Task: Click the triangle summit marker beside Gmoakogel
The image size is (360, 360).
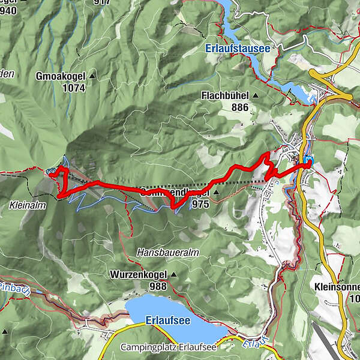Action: (92, 77)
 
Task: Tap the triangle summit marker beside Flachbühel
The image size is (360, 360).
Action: (255, 95)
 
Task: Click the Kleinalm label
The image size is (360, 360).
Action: (25, 205)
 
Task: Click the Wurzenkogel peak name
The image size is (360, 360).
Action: (138, 275)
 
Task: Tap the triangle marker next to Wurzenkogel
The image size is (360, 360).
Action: (174, 275)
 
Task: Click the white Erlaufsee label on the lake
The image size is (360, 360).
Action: (168, 321)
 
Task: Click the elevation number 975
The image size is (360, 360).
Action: (200, 205)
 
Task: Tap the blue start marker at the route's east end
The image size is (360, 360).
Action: (308, 161)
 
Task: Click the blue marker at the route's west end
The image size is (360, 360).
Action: (50, 172)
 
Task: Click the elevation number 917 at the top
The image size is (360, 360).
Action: (103, 2)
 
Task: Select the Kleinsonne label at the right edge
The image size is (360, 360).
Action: (336, 287)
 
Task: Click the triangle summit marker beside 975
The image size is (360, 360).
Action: (216, 193)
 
